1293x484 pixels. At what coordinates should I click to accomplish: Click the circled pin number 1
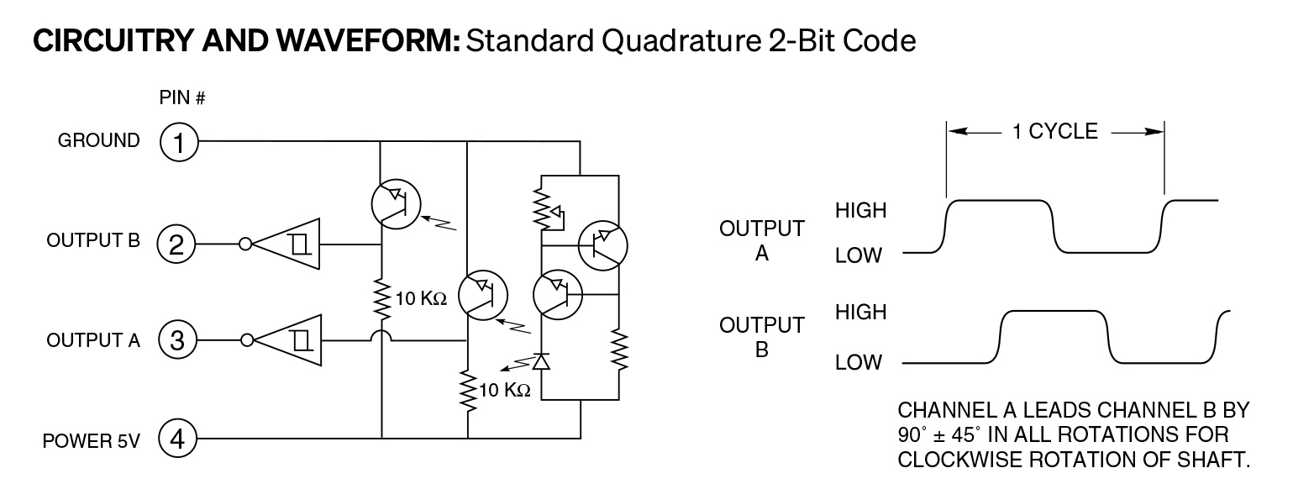click(x=177, y=142)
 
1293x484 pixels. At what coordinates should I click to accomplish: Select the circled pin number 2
click(x=177, y=245)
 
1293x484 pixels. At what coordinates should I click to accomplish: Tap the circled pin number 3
click(x=177, y=340)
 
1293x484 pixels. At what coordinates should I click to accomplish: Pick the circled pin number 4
click(x=177, y=438)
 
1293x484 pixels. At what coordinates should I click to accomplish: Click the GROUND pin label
click(x=98, y=141)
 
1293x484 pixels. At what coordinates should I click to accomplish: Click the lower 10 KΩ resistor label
click(x=505, y=390)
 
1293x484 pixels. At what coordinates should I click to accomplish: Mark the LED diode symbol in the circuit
click(x=541, y=361)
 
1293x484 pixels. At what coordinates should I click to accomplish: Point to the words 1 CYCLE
click(x=1056, y=131)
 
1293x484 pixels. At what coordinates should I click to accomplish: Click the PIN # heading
click(x=182, y=98)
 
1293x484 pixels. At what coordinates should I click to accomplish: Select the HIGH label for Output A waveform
click(x=861, y=210)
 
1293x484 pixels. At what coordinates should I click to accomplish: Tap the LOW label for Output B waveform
click(x=859, y=363)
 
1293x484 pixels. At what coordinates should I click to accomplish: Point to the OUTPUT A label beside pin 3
click(x=92, y=340)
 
